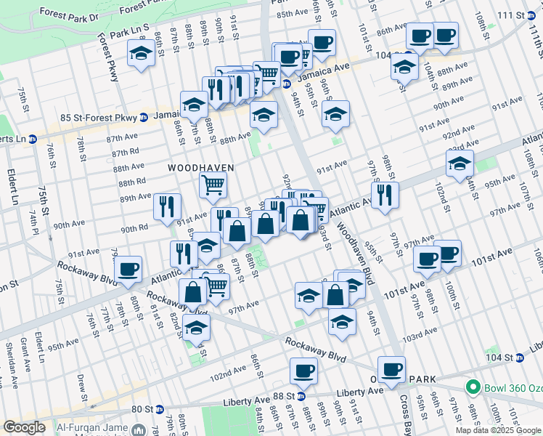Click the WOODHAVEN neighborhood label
click(201, 168)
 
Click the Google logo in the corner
click(23, 427)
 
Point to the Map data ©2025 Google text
click(497, 430)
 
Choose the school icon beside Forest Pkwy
click(141, 52)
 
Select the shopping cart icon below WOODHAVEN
click(213, 185)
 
